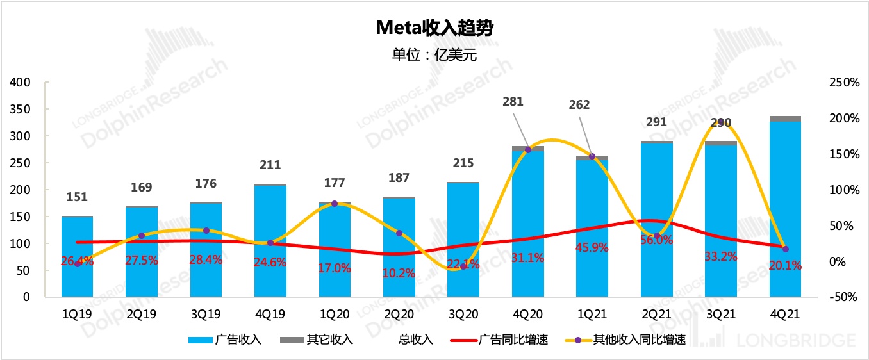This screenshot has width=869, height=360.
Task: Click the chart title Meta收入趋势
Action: pyautogui.click(x=434, y=28)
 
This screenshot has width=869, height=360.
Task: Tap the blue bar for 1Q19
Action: pyautogui.click(x=77, y=256)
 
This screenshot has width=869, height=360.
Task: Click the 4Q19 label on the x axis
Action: pyautogui.click(x=270, y=315)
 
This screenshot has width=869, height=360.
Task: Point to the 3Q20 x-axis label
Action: pyautogui.click(x=463, y=315)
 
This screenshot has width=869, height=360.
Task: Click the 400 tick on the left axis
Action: pyautogui.click(x=21, y=83)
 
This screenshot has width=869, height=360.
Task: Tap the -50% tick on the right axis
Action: pyautogui.click(x=842, y=297)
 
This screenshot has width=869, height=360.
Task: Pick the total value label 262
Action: pyautogui.click(x=579, y=104)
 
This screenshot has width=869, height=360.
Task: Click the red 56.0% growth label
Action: pyautogui.click(x=656, y=240)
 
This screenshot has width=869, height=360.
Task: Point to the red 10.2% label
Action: pyautogui.click(x=399, y=273)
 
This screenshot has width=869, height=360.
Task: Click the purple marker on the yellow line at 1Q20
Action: pyautogui.click(x=335, y=204)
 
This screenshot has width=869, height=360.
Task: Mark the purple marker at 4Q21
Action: pyautogui.click(x=786, y=249)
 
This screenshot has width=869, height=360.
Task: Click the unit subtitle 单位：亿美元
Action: pyautogui.click(x=434, y=54)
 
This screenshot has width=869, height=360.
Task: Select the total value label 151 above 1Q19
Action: pyautogui.click(x=77, y=197)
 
